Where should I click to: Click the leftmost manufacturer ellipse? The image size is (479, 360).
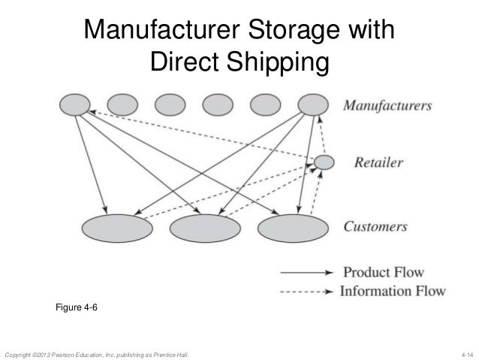pyautogui.click(x=75, y=105)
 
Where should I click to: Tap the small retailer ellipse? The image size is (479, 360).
pyautogui.click(x=324, y=162)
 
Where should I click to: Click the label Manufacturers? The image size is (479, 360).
pyautogui.click(x=387, y=106)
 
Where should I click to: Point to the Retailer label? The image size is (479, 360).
pyautogui.click(x=373, y=162)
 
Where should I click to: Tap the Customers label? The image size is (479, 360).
pyautogui.click(x=375, y=226)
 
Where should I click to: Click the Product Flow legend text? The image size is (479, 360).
pyautogui.click(x=383, y=272)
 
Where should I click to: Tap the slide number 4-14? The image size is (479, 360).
pyautogui.click(x=465, y=352)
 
